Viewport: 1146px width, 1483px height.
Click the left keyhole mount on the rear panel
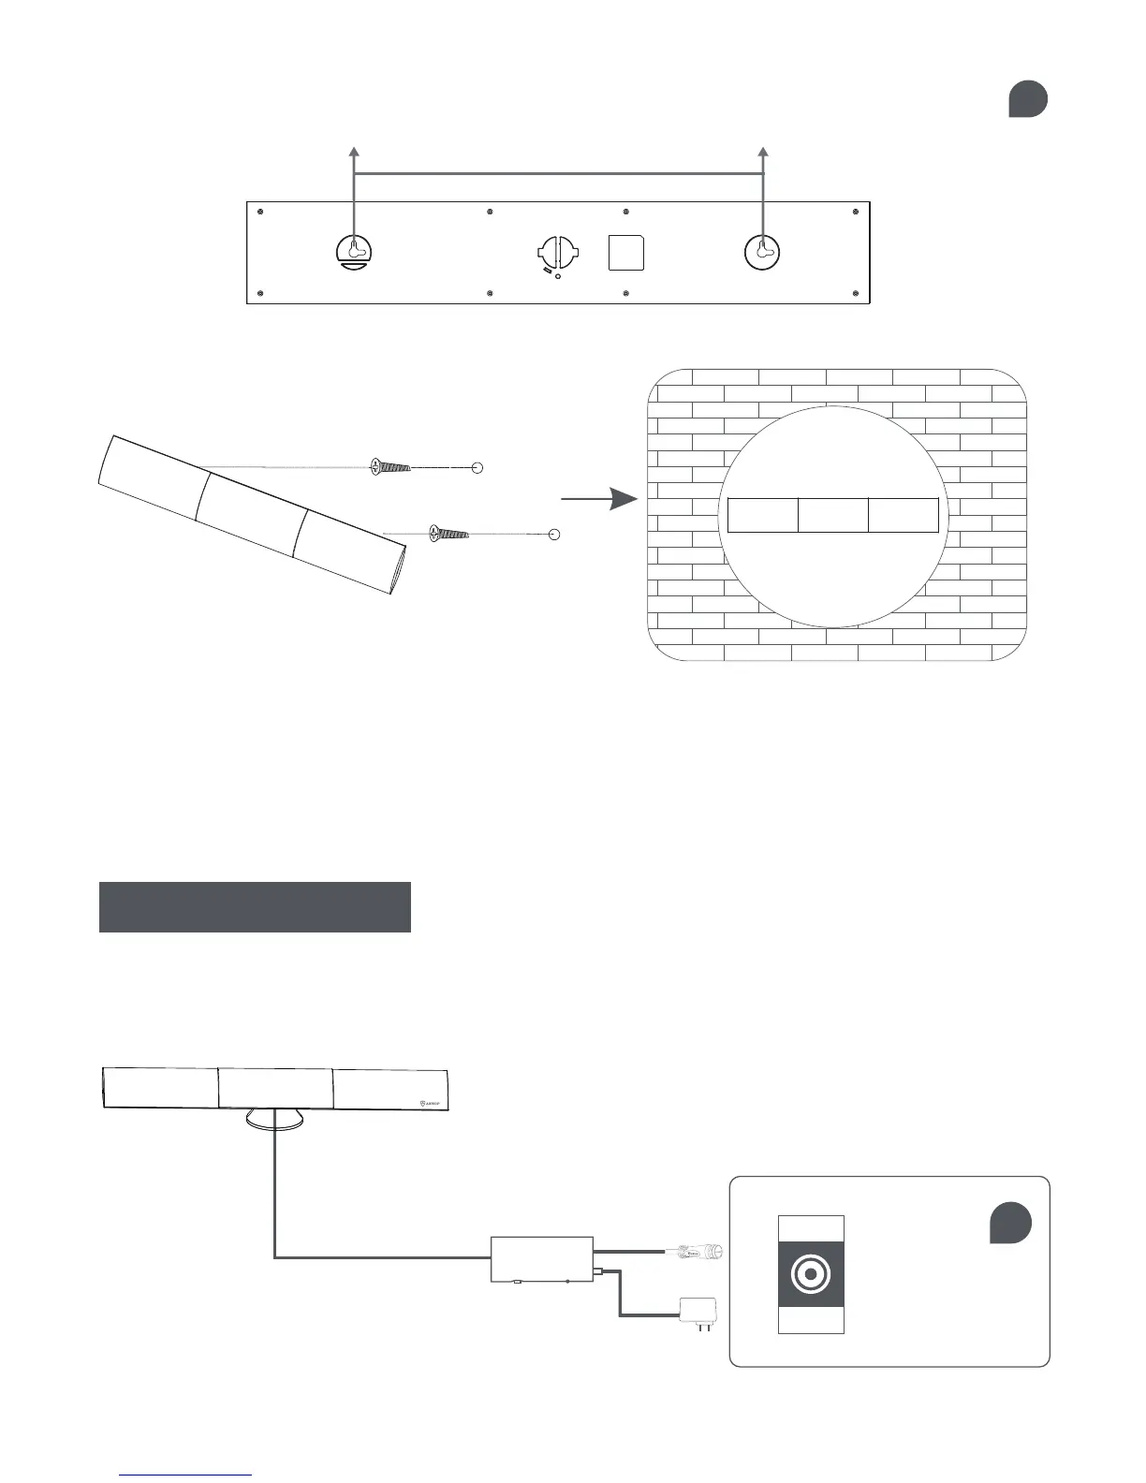(x=354, y=251)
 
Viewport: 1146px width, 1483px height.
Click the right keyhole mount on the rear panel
(x=763, y=252)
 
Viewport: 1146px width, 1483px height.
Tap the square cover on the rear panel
(x=625, y=252)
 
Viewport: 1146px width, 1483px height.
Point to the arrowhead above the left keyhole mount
(x=354, y=152)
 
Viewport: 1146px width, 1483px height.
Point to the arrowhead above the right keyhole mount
(x=763, y=152)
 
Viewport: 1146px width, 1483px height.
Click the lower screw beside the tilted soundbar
(x=448, y=534)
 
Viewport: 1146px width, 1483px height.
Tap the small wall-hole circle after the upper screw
(x=477, y=466)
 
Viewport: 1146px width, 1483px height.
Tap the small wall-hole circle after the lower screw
(x=554, y=534)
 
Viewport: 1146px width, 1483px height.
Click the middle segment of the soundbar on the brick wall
(x=833, y=515)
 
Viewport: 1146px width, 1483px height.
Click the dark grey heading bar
(x=255, y=906)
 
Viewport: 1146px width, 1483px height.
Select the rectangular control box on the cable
(x=542, y=1259)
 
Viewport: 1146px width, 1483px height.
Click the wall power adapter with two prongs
(x=700, y=1310)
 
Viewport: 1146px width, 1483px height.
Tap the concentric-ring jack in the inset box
(x=811, y=1274)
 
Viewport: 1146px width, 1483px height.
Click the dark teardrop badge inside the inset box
(x=1010, y=1224)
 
